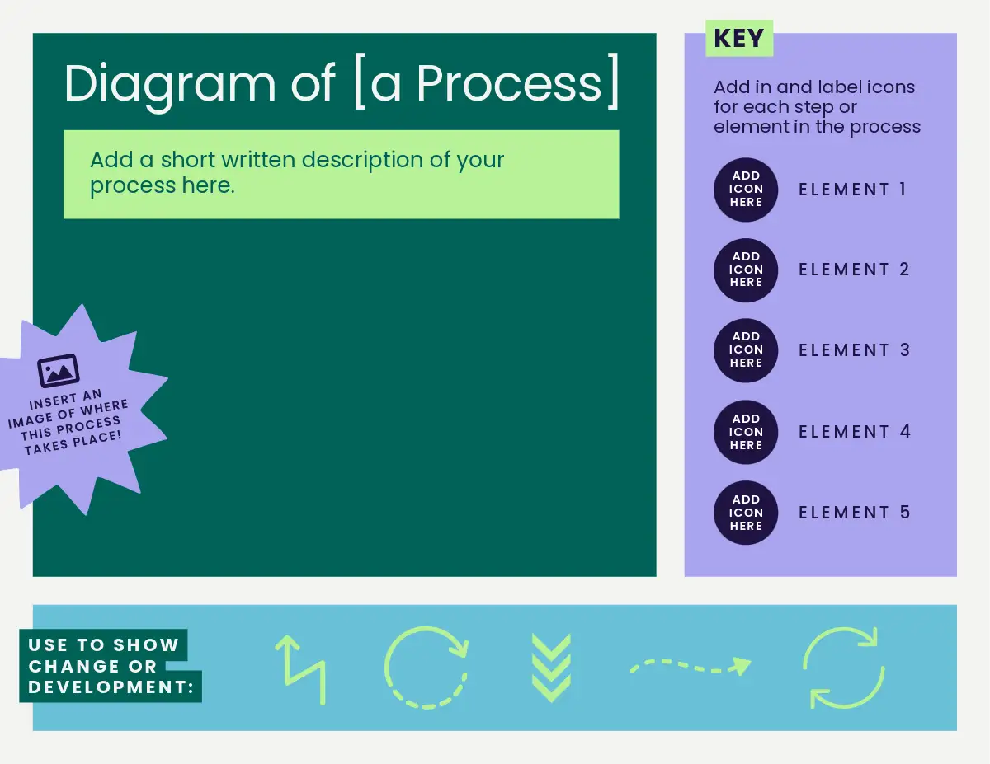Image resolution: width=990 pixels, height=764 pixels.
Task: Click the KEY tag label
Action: tap(739, 38)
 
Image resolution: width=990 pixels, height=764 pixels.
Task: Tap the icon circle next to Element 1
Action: tap(746, 190)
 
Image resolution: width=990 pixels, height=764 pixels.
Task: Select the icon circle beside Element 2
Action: tap(746, 270)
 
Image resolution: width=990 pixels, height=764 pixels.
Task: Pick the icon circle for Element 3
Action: tap(746, 350)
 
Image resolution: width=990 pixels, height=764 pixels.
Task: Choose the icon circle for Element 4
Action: tap(746, 433)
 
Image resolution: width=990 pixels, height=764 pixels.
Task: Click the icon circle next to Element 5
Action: tap(746, 513)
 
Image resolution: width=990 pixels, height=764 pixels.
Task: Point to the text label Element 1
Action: tap(852, 190)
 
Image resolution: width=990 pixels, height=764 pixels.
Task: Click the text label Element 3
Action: tap(854, 350)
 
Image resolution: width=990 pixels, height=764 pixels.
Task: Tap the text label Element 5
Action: tap(854, 513)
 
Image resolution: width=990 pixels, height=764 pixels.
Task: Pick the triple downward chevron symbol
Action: tap(551, 668)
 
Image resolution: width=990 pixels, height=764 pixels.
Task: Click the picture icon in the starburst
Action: tap(59, 371)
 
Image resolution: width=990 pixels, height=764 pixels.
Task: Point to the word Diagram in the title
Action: tap(169, 85)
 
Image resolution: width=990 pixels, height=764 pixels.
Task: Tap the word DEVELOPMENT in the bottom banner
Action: tap(107, 687)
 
